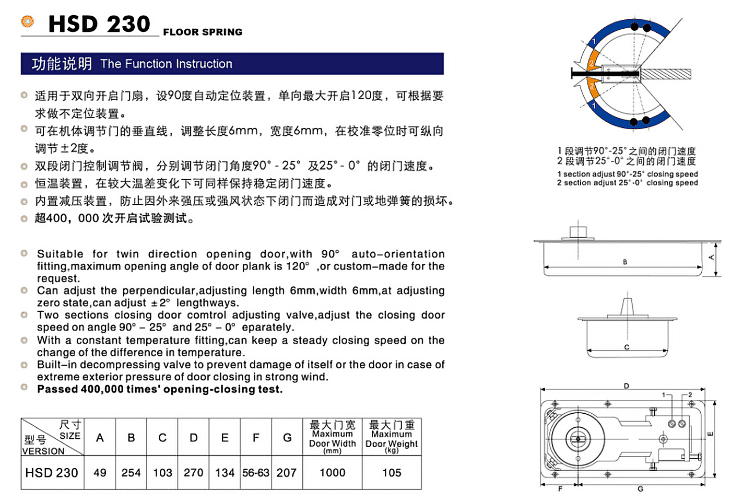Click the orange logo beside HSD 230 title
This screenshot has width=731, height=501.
point(27,21)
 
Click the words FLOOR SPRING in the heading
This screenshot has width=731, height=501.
point(203,32)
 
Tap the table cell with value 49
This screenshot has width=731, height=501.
point(100,473)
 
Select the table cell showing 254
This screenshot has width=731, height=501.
point(131,473)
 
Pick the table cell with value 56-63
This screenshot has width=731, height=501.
point(256,473)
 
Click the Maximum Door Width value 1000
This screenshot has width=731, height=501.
point(333,473)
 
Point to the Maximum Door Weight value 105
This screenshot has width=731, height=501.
point(392,473)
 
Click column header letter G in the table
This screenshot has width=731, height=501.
point(287,438)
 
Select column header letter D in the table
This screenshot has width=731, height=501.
point(194,438)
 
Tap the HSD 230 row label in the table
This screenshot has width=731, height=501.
point(52,473)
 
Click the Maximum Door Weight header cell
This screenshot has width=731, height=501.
point(392,437)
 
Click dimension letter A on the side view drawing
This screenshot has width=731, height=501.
point(711,258)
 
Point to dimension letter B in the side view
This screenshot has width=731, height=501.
point(625,262)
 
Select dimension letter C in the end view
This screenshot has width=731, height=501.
point(627,347)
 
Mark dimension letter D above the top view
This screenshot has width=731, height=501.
point(627,386)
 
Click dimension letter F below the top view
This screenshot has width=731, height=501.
point(560,489)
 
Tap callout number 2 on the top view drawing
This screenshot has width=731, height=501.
point(690,395)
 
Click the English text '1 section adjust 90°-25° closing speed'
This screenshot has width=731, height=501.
point(627,174)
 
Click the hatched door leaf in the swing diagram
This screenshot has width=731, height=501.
point(666,74)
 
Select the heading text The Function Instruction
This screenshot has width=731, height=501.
point(166,64)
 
